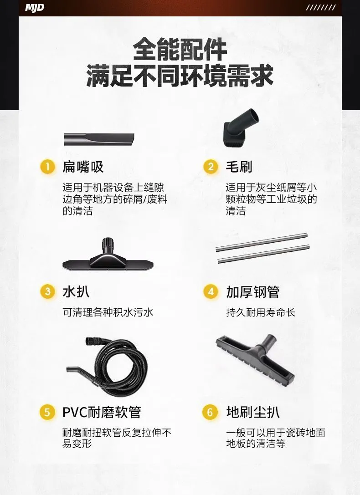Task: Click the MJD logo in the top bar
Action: point(35,8)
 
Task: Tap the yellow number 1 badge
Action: point(48,167)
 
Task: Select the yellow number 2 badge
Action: point(211,167)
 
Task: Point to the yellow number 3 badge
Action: point(48,291)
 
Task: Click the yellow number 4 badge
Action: point(211,291)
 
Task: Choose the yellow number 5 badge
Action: point(47,412)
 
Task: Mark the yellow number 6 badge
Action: point(210,412)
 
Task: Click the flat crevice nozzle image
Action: point(99,139)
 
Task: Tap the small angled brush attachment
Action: point(241,128)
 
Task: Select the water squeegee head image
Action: point(108,255)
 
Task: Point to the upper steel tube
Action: point(262,242)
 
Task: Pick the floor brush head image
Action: point(255,359)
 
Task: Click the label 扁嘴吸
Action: point(83,167)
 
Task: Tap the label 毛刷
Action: point(239,167)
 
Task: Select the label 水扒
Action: point(76,291)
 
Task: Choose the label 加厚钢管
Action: point(252,292)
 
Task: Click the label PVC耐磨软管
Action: point(102,412)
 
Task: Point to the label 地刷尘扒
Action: point(252,412)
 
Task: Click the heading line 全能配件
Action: point(180,49)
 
